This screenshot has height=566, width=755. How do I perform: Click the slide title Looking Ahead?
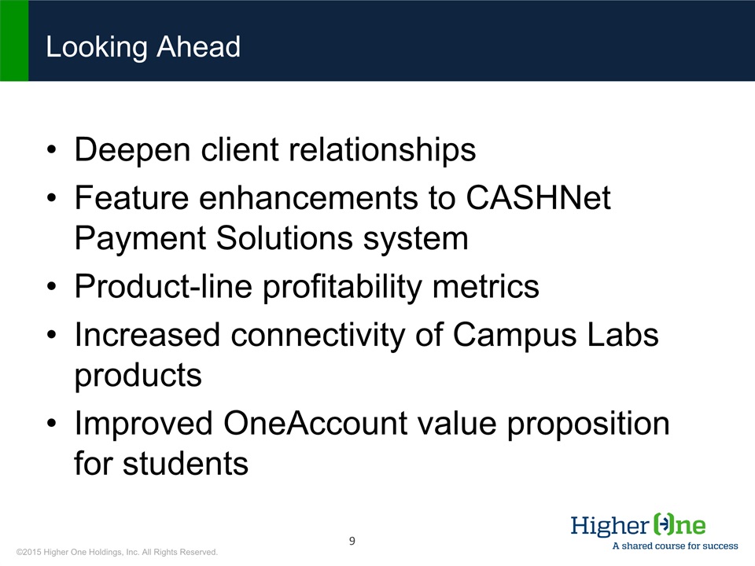[143, 47]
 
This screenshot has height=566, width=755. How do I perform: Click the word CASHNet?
[538, 198]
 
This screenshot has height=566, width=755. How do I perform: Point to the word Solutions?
[284, 238]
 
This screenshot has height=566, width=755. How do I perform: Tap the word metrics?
[486, 287]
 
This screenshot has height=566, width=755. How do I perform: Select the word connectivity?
[318, 335]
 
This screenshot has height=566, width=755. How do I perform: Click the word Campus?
[514, 336]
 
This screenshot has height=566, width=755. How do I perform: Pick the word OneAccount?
[315, 424]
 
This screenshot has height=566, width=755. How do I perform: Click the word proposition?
[588, 424]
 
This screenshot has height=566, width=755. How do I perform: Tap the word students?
[186, 464]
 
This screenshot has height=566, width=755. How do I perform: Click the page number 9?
[352, 541]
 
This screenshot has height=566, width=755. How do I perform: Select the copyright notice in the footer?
[117, 552]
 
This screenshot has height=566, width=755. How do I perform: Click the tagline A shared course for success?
[675, 546]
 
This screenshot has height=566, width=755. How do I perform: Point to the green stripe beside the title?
[14, 40]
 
